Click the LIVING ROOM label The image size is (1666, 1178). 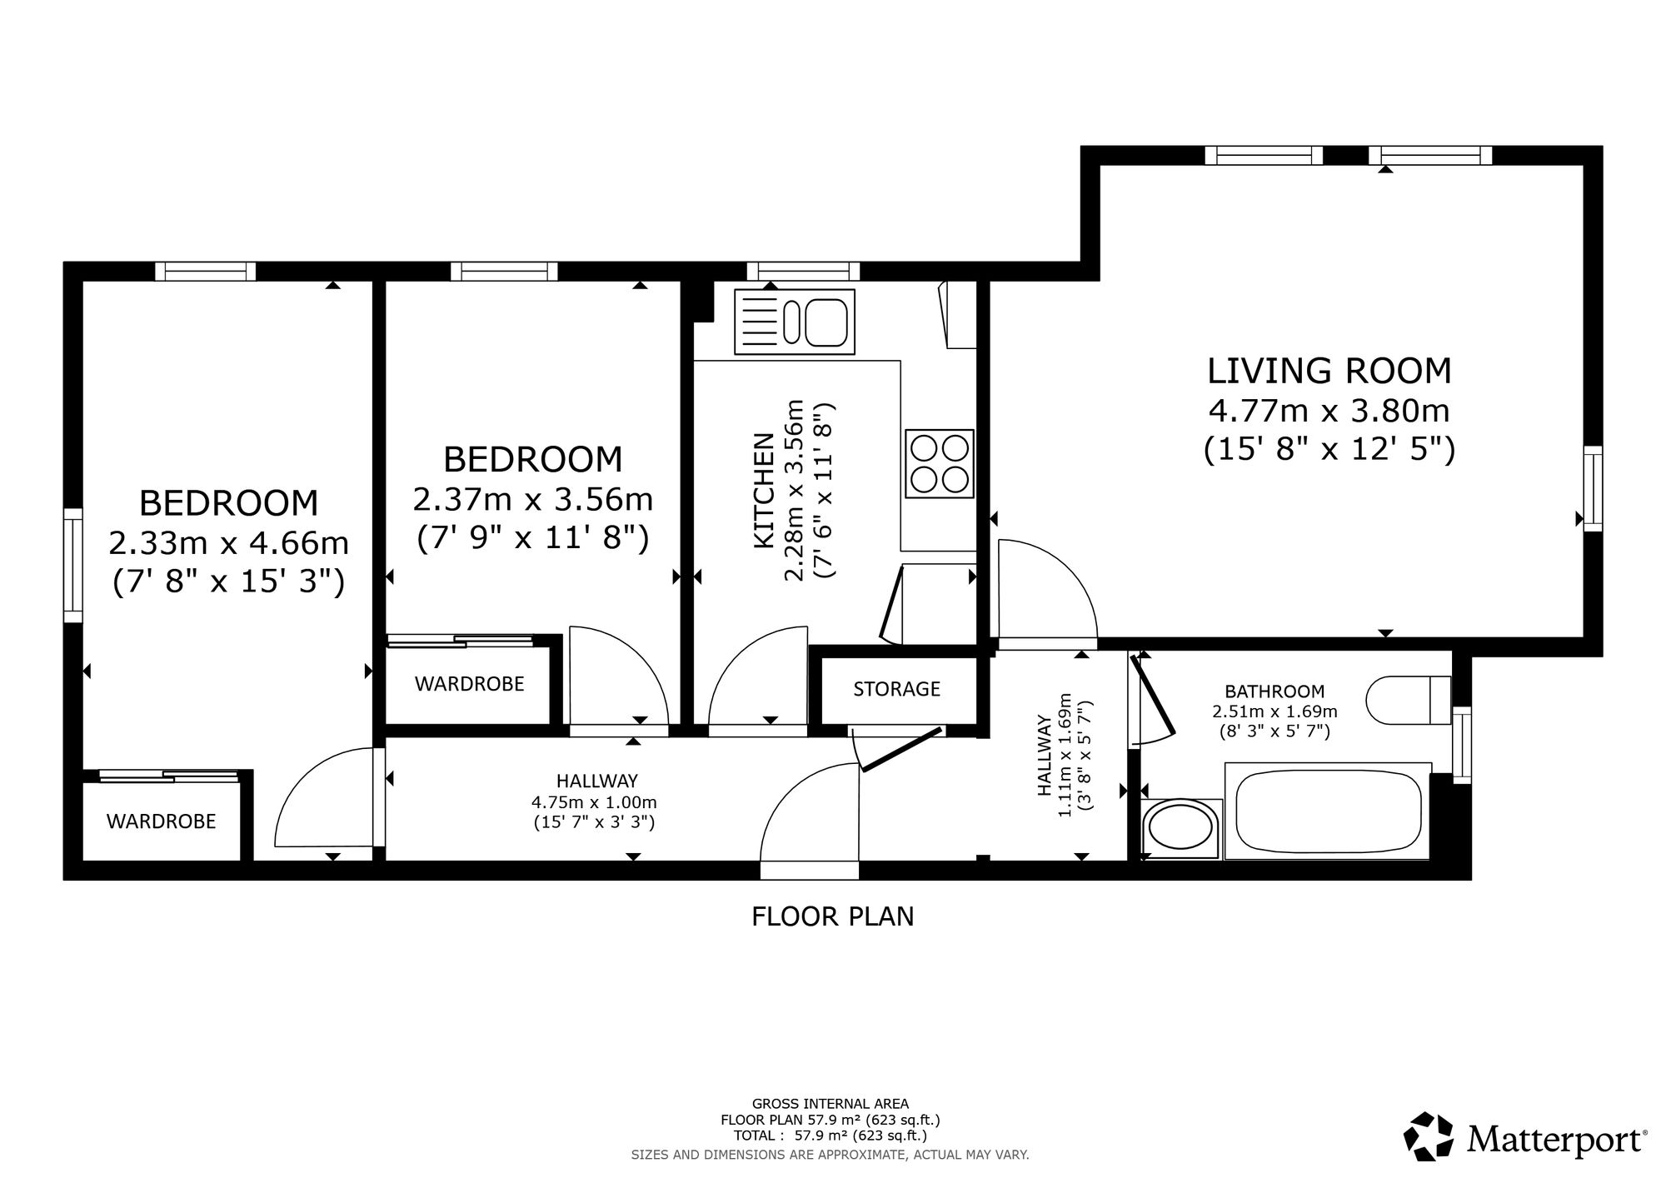tap(1329, 371)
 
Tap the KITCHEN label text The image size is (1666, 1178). tap(764, 491)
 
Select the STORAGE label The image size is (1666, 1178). tap(896, 689)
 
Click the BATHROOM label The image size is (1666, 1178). tap(1274, 691)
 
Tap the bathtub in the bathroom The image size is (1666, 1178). tap(1328, 810)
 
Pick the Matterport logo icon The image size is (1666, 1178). tap(1429, 1136)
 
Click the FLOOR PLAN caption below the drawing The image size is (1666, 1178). tap(833, 916)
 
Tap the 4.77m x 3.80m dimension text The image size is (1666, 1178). tap(1329, 411)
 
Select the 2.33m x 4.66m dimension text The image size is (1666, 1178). tap(229, 543)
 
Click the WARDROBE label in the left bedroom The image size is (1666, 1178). tap(162, 821)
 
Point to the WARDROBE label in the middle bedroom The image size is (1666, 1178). tap(470, 684)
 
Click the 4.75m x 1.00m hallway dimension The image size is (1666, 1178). tap(595, 803)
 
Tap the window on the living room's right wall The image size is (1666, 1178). tap(1593, 488)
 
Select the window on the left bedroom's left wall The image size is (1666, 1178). tap(73, 565)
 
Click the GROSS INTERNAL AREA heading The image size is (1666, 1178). tap(831, 1105)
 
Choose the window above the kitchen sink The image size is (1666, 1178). tap(803, 271)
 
